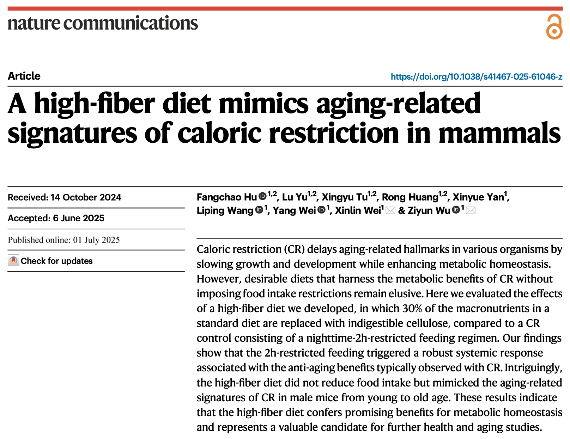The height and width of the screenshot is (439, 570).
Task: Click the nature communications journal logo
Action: [x=103, y=23]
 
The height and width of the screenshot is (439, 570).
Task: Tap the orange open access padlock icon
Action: [x=554, y=27]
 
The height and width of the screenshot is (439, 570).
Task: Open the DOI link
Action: [x=476, y=76]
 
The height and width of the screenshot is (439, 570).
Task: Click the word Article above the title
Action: [x=24, y=76]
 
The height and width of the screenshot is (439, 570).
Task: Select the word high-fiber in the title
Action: [x=94, y=104]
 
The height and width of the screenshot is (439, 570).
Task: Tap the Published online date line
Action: [x=64, y=240]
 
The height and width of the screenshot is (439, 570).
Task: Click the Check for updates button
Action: [x=50, y=261]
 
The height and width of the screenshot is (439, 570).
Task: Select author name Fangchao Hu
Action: [x=226, y=197]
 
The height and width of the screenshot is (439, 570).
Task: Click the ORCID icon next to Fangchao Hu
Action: [x=262, y=196]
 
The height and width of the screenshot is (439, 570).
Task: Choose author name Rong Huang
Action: [x=410, y=197]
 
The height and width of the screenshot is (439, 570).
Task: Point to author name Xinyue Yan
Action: [x=478, y=197]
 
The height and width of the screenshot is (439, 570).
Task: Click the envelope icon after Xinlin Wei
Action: [x=390, y=211]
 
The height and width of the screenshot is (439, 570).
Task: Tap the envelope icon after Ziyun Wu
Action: [x=471, y=211]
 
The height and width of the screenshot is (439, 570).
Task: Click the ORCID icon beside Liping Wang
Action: [x=259, y=210]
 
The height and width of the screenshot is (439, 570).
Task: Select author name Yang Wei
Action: [x=294, y=211]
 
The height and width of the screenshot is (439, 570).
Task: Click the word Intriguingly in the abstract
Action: [x=533, y=368]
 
